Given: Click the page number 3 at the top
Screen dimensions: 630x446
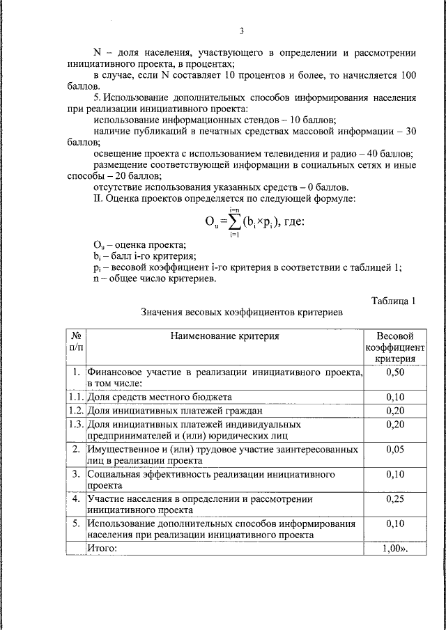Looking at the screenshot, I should (x=241, y=31).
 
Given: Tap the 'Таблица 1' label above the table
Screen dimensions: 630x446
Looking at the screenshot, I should (x=393, y=301).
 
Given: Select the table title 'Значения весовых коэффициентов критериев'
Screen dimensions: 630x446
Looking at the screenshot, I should (x=241, y=313).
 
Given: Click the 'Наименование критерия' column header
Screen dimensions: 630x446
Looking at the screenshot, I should (x=224, y=336).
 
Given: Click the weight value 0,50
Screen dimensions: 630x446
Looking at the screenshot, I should (x=394, y=372).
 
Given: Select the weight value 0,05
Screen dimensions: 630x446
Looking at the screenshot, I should (x=394, y=450).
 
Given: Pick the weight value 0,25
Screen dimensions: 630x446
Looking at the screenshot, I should (x=394, y=499).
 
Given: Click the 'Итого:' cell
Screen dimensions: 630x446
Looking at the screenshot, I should (x=102, y=548).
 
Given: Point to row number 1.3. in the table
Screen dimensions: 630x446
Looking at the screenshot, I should (x=76, y=423).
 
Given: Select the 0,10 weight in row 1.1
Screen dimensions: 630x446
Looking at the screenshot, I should (x=394, y=397).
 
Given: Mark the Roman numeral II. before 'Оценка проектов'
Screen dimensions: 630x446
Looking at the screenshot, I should (x=98, y=199).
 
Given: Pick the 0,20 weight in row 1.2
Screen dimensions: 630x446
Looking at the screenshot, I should (x=394, y=410).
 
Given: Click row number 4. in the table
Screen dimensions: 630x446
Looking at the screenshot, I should (x=76, y=499).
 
